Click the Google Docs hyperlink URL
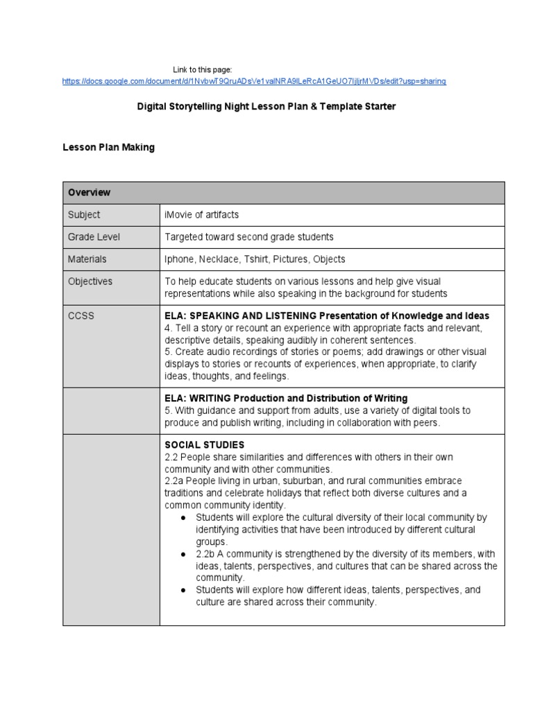[x=254, y=81]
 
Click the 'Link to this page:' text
[x=202, y=69]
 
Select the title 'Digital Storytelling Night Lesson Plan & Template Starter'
[x=266, y=107]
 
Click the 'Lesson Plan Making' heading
[x=108, y=148]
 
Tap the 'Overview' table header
[x=89, y=193]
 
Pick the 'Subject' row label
[x=84, y=215]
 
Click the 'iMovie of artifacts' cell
[x=201, y=215]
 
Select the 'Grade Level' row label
[x=94, y=237]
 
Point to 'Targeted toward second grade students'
[x=248, y=237]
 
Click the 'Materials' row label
[x=87, y=259]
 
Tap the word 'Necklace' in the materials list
[x=219, y=259]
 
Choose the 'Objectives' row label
[x=90, y=282]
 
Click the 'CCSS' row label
[x=81, y=316]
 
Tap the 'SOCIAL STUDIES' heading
[x=204, y=445]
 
